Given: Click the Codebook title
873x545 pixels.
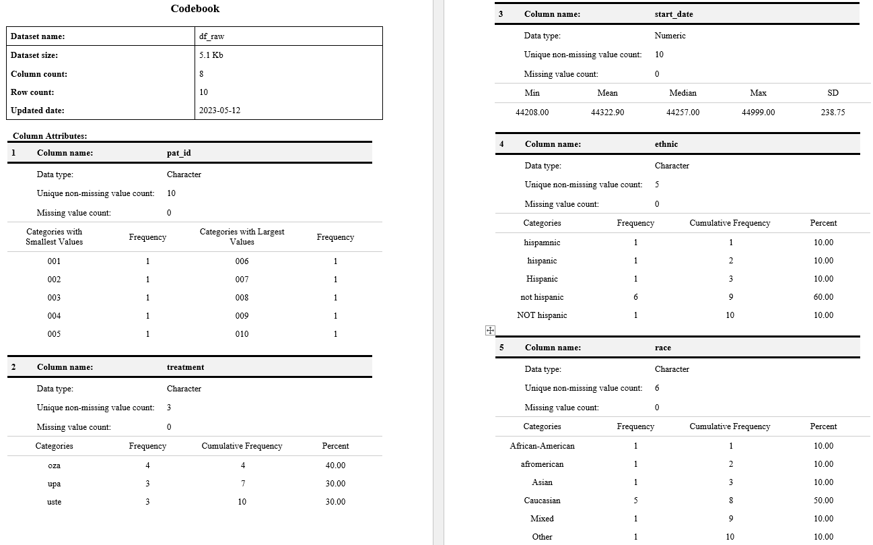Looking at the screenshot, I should pos(195,9).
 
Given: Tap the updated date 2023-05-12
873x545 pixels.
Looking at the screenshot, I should pos(219,110).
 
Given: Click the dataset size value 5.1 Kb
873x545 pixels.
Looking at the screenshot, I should pos(211,55).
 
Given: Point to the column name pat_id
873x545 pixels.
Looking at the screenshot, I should pos(179,153).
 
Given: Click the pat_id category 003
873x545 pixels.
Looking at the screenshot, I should pos(54,298).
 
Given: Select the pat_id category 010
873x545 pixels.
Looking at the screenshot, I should pos(242,334).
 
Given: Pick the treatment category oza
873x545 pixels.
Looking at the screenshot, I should pos(54,466).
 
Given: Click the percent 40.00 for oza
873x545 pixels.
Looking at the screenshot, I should pos(335,466).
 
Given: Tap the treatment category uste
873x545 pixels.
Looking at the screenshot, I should pos(54,502).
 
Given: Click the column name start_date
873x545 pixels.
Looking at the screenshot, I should pos(673,14).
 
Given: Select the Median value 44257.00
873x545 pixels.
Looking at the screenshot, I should pos(683,113).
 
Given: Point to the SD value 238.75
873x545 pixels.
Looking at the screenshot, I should pos(833,113).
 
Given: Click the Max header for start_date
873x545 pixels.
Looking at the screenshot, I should pos(758,93).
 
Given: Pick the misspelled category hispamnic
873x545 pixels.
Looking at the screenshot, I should pos(542,243).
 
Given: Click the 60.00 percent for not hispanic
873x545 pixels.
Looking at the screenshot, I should pos(823,297).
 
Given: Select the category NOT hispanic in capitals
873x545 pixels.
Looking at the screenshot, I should pos(542,315).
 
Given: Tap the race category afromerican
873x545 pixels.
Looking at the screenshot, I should pos(542,464).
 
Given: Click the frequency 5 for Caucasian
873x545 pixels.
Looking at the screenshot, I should pos(635,501).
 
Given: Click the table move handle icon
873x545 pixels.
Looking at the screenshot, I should pos(490,330).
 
